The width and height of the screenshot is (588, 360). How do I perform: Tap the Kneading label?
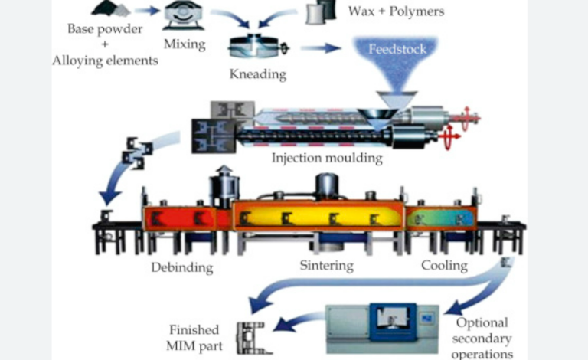[258, 75]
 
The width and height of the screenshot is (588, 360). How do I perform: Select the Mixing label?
[185, 44]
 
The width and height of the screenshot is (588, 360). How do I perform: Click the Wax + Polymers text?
[396, 11]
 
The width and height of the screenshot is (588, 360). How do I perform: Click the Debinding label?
[182, 267]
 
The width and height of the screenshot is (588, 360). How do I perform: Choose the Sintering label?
[325, 266]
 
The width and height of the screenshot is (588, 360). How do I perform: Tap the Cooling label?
[444, 265]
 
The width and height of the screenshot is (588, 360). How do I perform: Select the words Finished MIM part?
[193, 337]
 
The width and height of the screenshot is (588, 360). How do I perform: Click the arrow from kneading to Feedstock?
[321, 47]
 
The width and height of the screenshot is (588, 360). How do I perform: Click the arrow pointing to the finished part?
[295, 323]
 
